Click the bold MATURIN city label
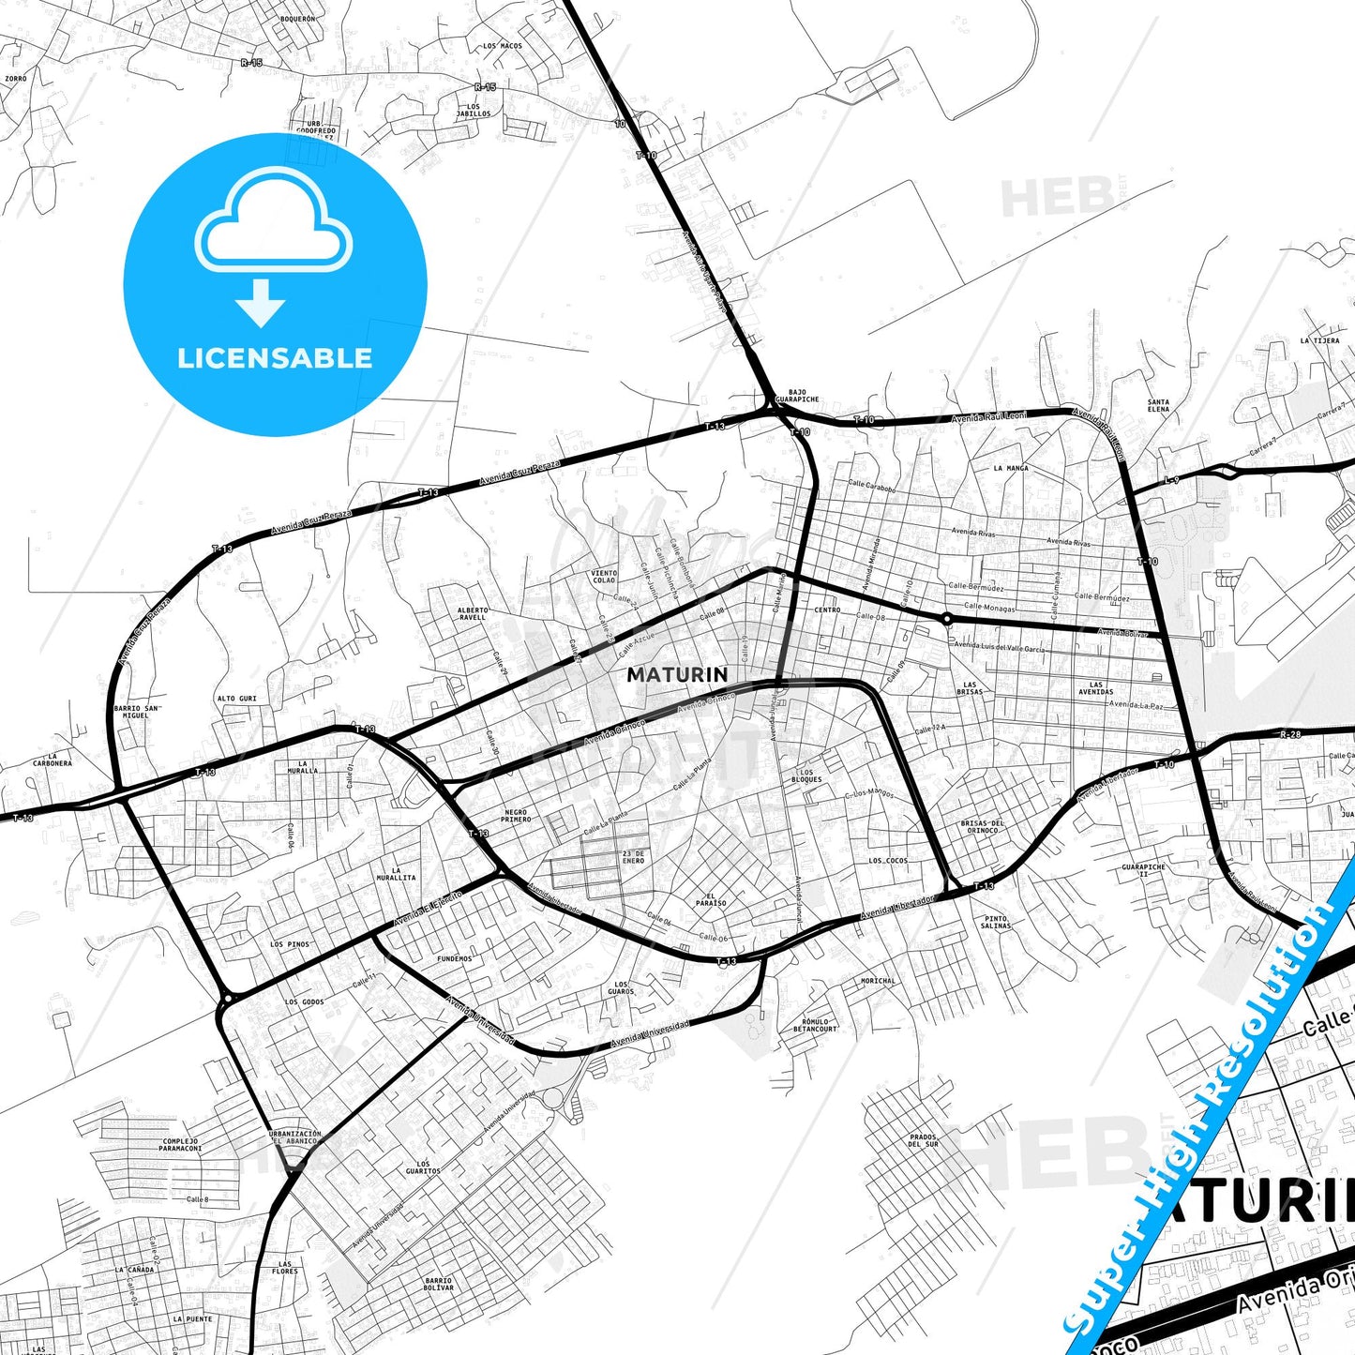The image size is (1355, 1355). [677, 674]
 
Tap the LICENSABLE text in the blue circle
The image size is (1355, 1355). [275, 357]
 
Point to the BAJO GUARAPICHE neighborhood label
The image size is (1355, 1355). [797, 396]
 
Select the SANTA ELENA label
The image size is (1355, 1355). [1158, 406]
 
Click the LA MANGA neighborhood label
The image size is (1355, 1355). [1011, 468]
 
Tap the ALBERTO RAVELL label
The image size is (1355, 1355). [473, 613]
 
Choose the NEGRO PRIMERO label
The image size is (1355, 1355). [516, 816]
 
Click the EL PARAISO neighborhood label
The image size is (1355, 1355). [711, 899]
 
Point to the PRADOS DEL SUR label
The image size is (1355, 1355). [924, 1140]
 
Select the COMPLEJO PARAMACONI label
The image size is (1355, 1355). [180, 1145]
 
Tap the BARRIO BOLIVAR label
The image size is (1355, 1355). [438, 1284]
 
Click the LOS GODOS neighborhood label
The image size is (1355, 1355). [304, 1002]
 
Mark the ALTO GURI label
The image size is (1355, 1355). [236, 699]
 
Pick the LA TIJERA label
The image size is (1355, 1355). [1319, 340]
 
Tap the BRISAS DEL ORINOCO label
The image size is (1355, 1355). [983, 827]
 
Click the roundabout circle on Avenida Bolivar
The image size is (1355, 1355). [947, 618]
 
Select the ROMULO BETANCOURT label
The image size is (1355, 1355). [814, 1025]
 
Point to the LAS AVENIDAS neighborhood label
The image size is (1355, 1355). [1095, 688]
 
